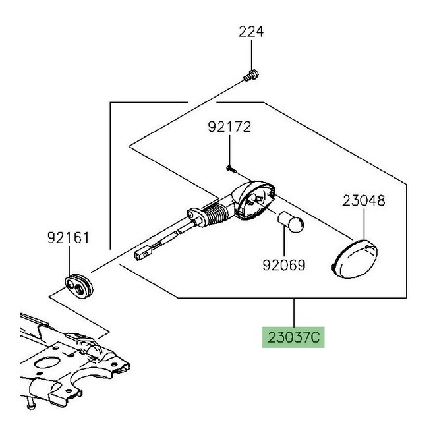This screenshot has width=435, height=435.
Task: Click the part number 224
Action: coord(251,31)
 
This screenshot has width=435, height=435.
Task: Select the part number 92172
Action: coord(229,127)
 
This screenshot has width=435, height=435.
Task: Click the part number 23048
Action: coord(363,201)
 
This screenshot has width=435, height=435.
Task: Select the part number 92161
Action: coord(68,237)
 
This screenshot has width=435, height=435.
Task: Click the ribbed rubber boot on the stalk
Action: coord(216,214)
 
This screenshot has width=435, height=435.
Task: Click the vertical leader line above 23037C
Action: coord(295,312)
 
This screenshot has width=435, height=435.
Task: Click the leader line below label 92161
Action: coord(70,257)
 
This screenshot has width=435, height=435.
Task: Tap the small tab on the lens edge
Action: coord(330,266)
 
